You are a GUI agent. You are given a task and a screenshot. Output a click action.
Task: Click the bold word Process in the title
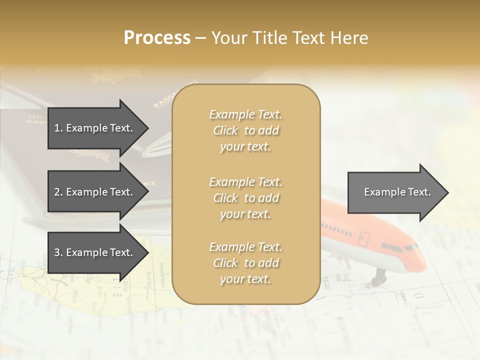[157, 38]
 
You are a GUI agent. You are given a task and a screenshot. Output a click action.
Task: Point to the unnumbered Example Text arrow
[397, 192]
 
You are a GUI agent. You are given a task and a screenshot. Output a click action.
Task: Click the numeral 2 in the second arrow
[56, 192]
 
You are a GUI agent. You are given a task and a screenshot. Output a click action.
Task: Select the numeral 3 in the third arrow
[56, 252]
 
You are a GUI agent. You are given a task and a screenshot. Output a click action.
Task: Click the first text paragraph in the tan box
[245, 130]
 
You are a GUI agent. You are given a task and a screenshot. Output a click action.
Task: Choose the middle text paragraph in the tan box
[245, 197]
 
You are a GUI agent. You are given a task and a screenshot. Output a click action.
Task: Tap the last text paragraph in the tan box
[245, 263]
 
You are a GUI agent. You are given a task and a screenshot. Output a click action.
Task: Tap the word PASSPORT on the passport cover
[175, 94]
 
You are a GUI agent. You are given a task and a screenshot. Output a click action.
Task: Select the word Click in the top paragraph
[225, 130]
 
